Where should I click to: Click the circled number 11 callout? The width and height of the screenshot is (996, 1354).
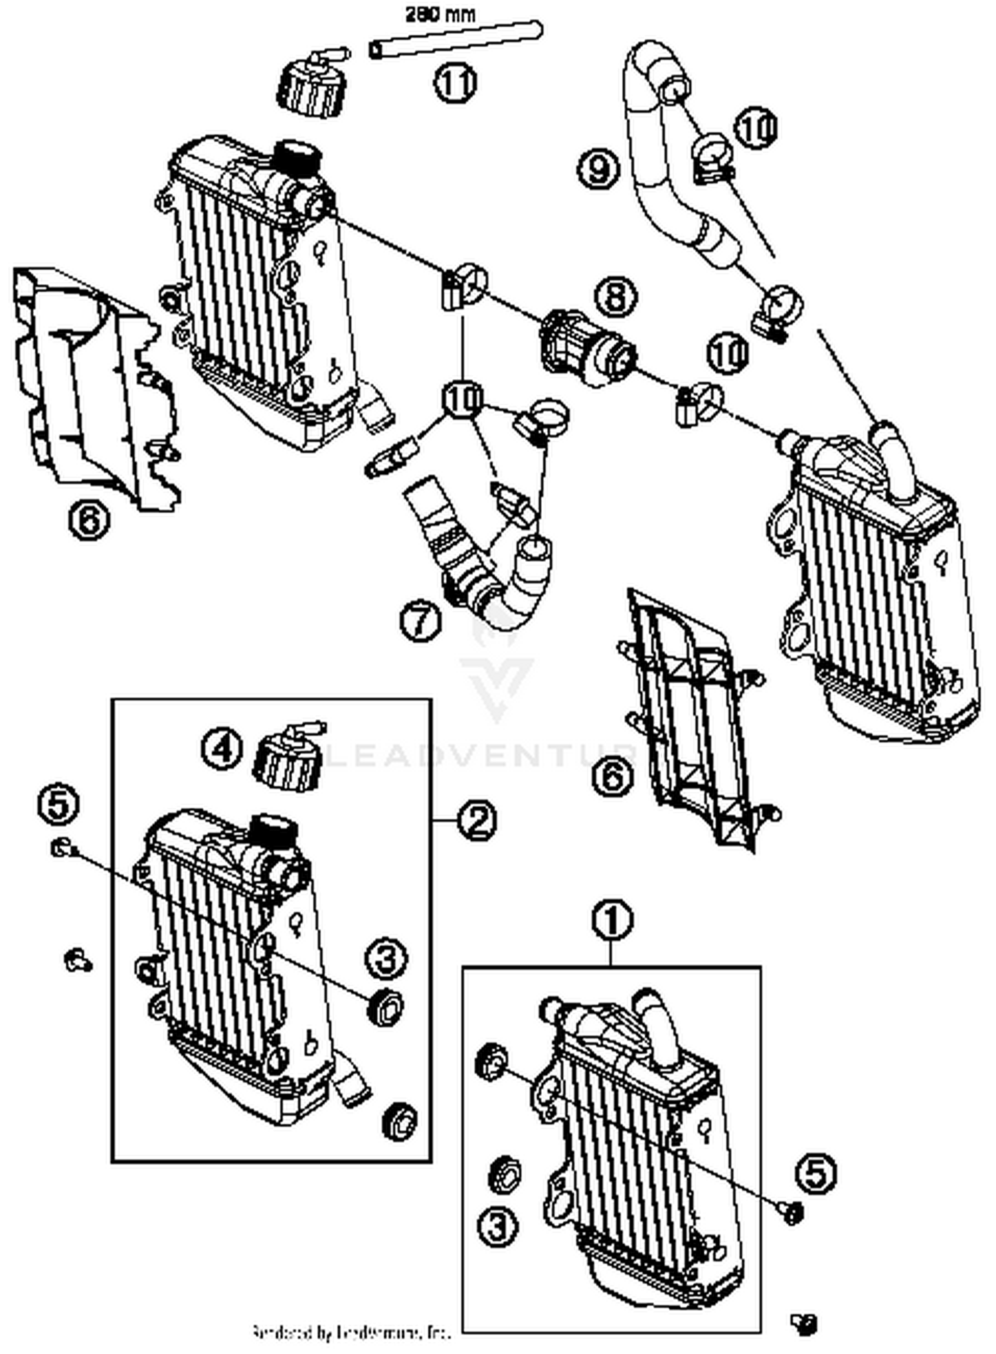456,84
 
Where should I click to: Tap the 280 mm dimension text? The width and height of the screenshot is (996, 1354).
440,15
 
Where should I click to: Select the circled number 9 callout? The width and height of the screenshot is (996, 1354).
598,169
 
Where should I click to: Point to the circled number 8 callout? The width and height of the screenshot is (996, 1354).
616,296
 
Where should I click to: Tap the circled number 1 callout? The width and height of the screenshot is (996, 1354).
612,920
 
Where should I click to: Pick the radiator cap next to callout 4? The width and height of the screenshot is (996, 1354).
288,758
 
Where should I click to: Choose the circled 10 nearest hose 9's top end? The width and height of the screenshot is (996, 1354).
756,128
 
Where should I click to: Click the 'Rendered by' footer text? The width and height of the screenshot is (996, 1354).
351,1331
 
